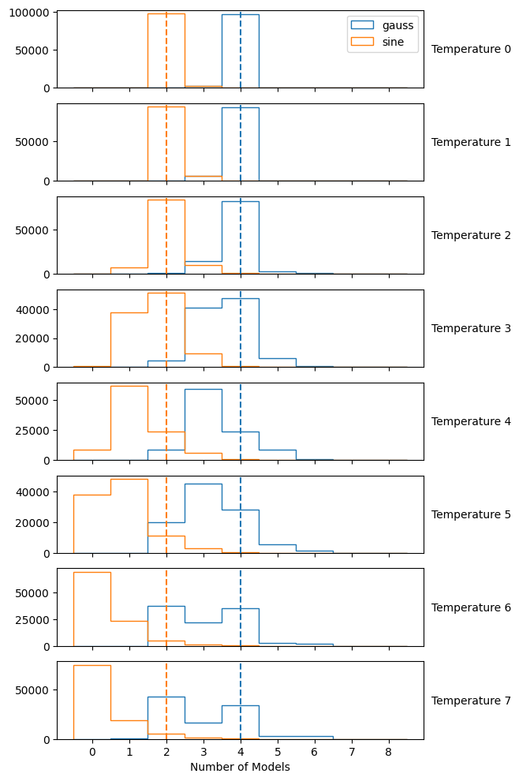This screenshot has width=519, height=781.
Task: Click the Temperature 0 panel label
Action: click(x=471, y=49)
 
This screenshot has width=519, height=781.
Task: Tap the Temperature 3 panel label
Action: click(x=471, y=328)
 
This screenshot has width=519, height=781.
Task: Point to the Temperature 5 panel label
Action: click(x=471, y=514)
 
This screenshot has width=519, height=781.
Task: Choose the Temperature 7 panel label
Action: click(x=471, y=701)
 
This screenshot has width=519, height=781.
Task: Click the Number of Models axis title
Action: click(x=240, y=767)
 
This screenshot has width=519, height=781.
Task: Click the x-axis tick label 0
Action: click(x=92, y=752)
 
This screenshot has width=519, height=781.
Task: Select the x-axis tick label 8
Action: click(x=388, y=752)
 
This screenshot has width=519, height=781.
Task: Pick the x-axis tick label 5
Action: click(x=278, y=752)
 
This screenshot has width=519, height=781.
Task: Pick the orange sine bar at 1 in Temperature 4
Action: click(x=129, y=423)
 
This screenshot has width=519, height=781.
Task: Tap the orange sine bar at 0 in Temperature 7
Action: click(x=91, y=702)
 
